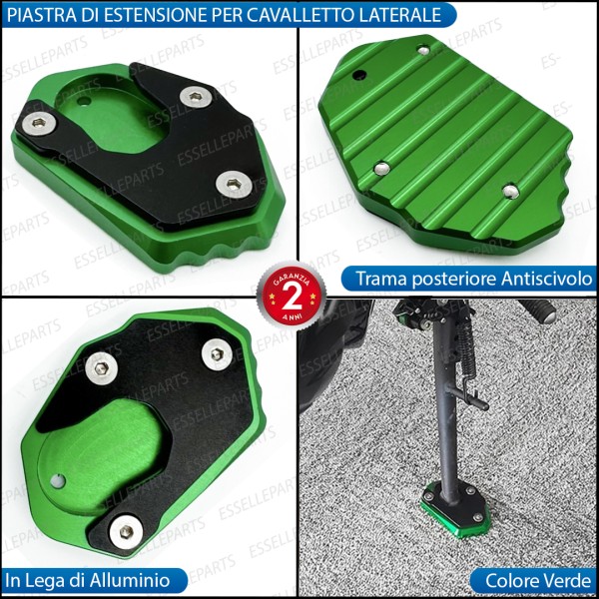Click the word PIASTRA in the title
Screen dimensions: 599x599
pyautogui.click(x=41, y=14)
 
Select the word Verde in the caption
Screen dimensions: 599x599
pyautogui.click(x=562, y=579)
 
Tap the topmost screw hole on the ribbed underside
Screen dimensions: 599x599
pyautogui.click(x=423, y=49)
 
